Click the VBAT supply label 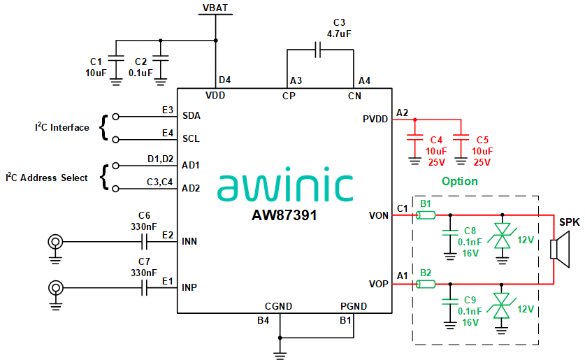[x=215, y=8]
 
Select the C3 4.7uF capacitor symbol [x=319, y=50]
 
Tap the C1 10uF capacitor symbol [x=117, y=57]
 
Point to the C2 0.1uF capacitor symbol [x=161, y=57]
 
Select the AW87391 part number [x=284, y=216]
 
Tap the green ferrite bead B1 [x=426, y=215]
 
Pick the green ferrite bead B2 [x=426, y=284]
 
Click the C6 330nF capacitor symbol [x=145, y=242]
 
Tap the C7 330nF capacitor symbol [x=145, y=287]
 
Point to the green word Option [x=459, y=182]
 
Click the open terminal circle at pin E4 [x=115, y=138]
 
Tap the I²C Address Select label [x=48, y=178]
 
